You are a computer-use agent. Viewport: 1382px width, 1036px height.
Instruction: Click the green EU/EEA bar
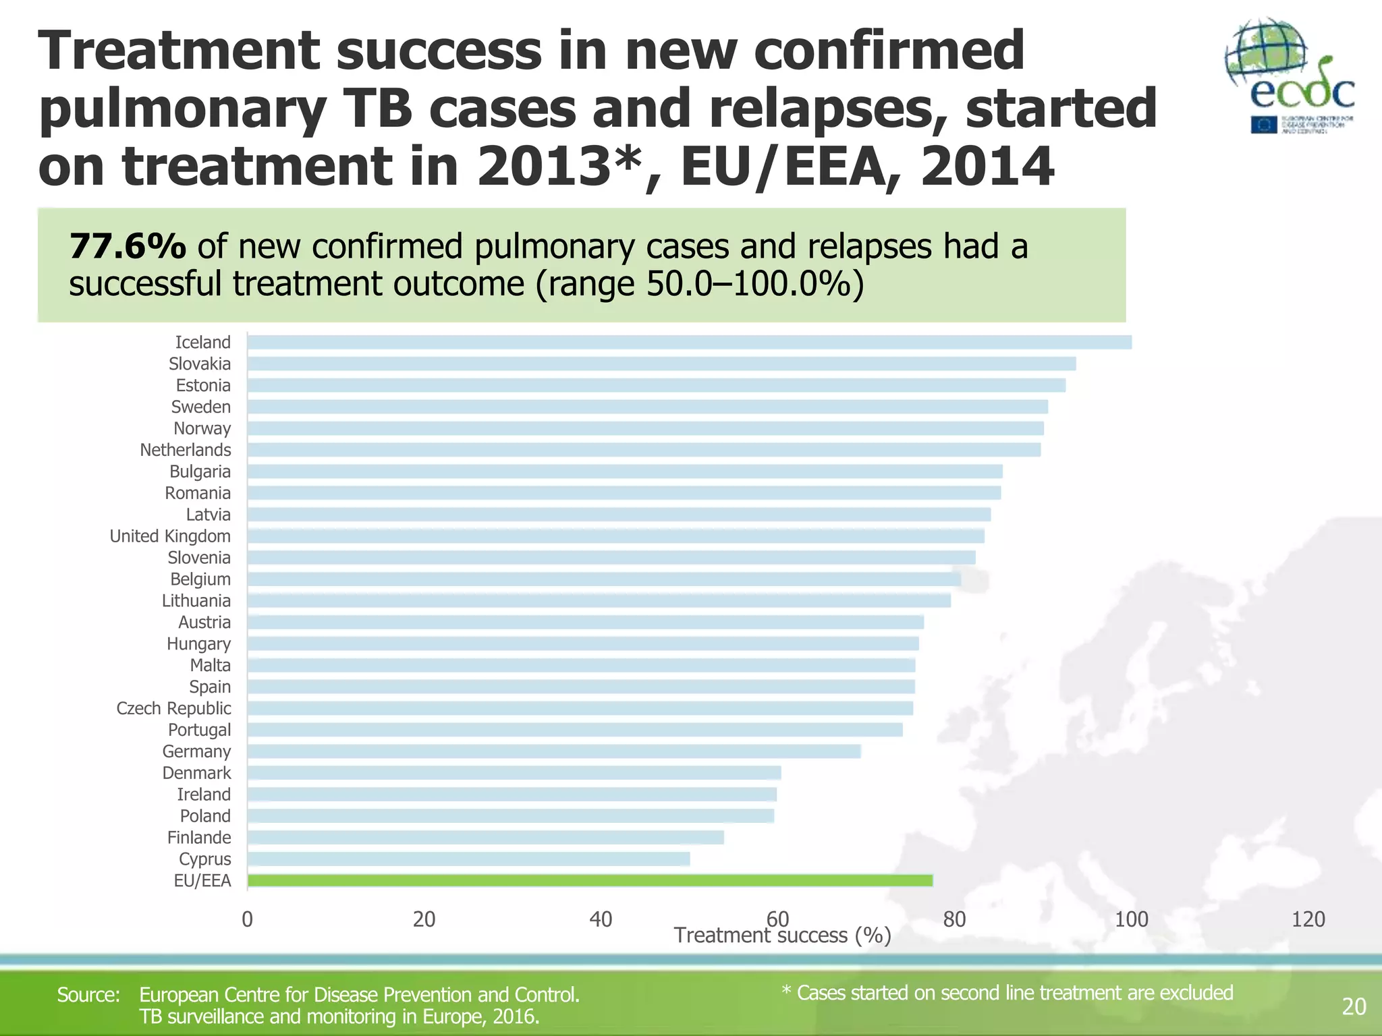tap(590, 880)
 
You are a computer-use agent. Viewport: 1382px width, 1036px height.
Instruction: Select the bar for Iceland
tap(688, 342)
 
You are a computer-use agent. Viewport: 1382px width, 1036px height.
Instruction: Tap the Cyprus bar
tap(468, 859)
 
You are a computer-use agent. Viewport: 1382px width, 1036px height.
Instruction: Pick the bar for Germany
tap(553, 751)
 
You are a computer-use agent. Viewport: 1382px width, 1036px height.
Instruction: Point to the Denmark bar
tap(514, 773)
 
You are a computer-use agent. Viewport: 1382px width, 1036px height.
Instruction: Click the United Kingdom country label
tap(170, 536)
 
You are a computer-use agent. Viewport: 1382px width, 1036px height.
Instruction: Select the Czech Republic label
tap(173, 708)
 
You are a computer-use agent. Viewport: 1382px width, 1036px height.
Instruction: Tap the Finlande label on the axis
tap(199, 838)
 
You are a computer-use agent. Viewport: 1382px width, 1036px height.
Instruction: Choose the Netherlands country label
tap(185, 450)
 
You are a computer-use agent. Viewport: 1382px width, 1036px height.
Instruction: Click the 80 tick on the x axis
tap(954, 919)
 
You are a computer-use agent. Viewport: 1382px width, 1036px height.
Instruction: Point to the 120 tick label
tap(1308, 919)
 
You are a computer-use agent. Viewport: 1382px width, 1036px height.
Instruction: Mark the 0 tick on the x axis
tap(247, 919)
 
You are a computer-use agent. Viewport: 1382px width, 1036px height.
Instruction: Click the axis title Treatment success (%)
tap(783, 936)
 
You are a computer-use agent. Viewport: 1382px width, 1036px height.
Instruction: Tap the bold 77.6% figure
tap(128, 246)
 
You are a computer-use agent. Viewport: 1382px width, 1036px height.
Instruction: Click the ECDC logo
tap(1290, 76)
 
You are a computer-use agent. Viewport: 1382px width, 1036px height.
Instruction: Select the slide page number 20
tap(1354, 1006)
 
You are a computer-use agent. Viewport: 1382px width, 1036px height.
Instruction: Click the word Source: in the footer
tap(88, 995)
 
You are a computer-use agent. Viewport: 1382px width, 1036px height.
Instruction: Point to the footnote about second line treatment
tap(1007, 993)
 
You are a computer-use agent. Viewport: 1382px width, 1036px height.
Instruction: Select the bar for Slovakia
tap(661, 364)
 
